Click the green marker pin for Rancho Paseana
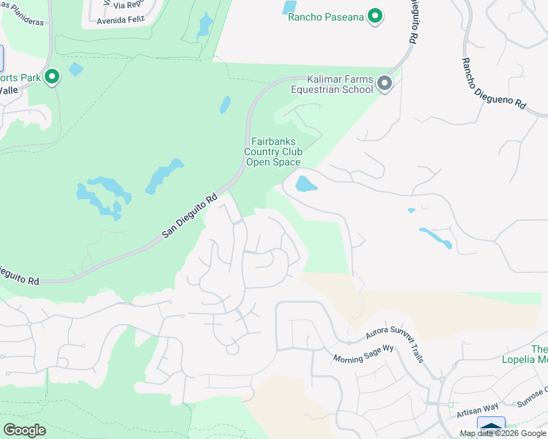[x=375, y=15]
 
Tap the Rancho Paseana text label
[x=326, y=17]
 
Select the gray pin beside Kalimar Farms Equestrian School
[x=385, y=85]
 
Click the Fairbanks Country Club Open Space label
[x=273, y=151]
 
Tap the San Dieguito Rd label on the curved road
[x=190, y=214]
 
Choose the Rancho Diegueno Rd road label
[x=494, y=84]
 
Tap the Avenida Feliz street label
[x=125, y=22]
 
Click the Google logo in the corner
[x=24, y=429]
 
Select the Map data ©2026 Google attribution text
[x=503, y=433]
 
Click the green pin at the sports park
[x=52, y=76]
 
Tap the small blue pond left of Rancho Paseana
[x=289, y=8]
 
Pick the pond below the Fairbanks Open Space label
[x=306, y=183]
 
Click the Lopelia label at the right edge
[x=525, y=359]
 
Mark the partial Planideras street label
[x=22, y=22]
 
